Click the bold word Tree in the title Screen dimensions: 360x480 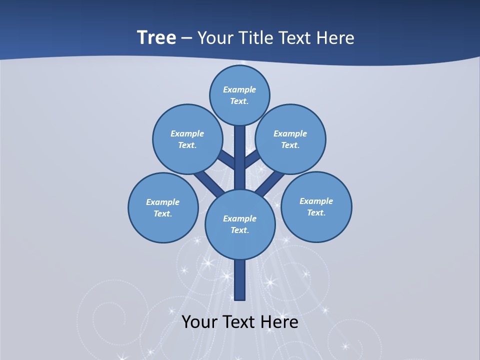156,37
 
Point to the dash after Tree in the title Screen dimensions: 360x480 186,38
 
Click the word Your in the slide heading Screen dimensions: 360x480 213,38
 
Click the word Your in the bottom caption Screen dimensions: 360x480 200,322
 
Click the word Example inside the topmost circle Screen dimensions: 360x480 239,90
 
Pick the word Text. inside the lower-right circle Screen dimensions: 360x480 316,213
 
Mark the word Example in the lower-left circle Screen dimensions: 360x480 162,202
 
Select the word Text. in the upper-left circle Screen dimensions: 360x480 187,145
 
